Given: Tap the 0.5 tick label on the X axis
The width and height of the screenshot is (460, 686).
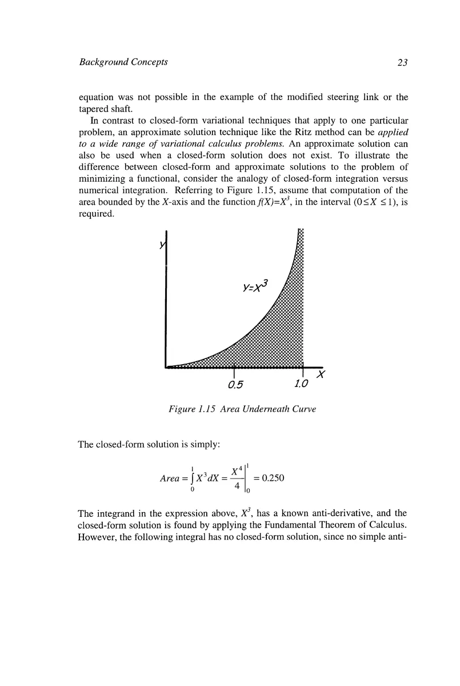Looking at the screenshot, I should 235,384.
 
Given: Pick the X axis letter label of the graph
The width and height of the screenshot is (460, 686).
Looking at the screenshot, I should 321,376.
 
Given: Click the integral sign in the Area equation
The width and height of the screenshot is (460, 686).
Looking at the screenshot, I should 192,479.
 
